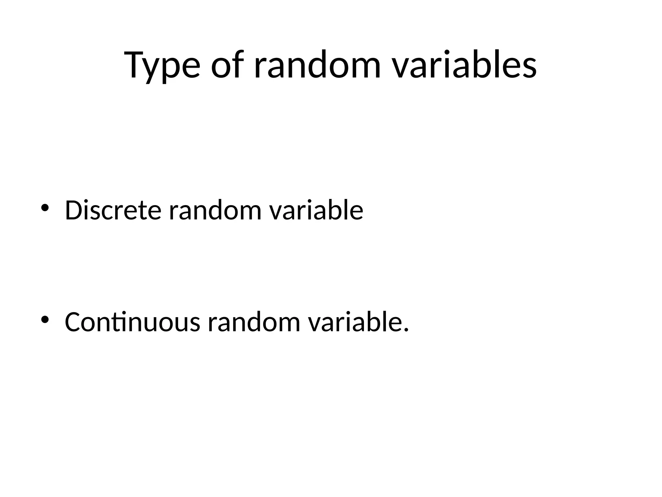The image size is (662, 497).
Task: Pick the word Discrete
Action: point(113,210)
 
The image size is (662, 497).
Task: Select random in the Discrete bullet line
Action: point(215,210)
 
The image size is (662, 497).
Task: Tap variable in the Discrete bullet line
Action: point(316,210)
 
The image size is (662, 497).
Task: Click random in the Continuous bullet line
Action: point(254,322)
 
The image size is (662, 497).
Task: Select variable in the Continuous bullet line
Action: point(355,322)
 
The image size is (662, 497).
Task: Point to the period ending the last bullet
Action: point(406,330)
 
